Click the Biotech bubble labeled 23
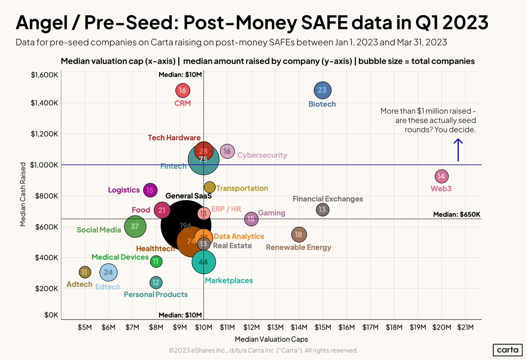click(322, 90)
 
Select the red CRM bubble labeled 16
click(183, 91)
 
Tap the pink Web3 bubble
click(441, 176)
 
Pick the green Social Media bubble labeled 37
click(135, 226)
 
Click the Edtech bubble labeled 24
click(108, 272)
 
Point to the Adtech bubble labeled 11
click(84, 272)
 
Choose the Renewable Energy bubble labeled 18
click(299, 235)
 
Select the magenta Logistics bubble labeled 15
click(150, 190)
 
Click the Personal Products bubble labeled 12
click(155, 282)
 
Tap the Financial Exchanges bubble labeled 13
click(322, 210)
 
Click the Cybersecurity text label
click(262, 155)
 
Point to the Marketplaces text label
click(228, 280)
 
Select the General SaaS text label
click(188, 196)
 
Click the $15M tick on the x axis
click(322, 327)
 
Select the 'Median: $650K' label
click(457, 214)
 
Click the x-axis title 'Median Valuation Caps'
click(271, 339)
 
